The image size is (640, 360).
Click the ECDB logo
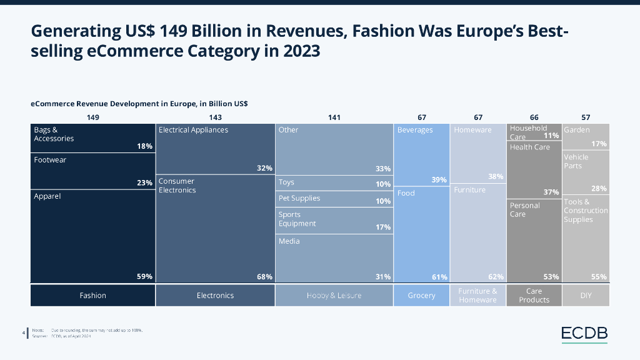click(584, 334)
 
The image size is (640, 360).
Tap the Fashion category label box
click(92, 296)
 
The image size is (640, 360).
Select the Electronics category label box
click(215, 296)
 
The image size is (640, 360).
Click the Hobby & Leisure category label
click(334, 296)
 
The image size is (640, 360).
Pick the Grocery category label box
click(421, 296)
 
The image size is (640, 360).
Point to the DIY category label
click(586, 296)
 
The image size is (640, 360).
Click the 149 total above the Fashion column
click(93, 117)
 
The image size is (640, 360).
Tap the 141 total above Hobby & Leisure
click(334, 117)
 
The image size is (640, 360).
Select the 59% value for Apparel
click(145, 276)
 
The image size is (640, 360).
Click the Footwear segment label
click(50, 160)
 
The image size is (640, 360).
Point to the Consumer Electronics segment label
click(177, 186)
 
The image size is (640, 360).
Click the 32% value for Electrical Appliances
click(264, 168)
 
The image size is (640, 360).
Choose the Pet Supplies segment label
click(299, 198)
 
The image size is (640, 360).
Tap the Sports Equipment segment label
click(297, 219)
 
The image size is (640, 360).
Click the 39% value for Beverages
click(439, 180)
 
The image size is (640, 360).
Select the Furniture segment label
click(469, 189)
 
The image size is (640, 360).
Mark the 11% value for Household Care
click(551, 136)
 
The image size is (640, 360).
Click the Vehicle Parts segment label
click(576, 161)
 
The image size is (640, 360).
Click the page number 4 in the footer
click(23, 332)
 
